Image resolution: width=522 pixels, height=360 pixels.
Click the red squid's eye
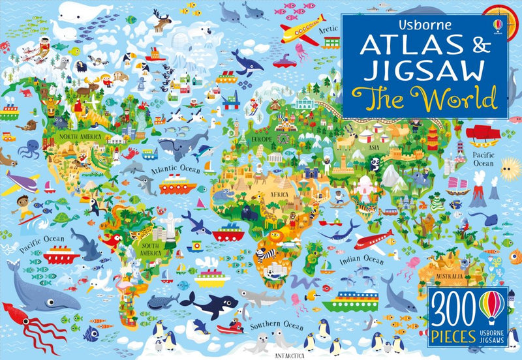click(16, 318)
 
